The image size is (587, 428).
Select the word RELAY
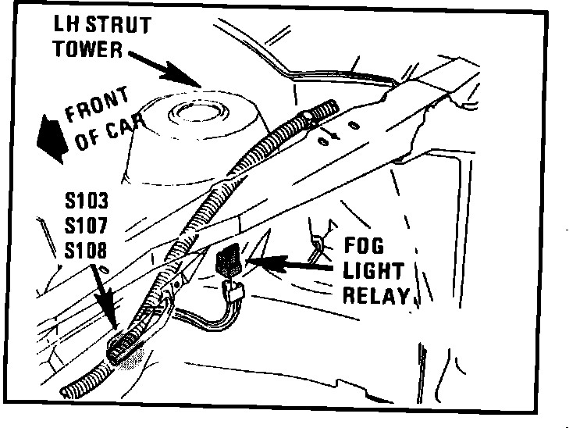tap(380, 295)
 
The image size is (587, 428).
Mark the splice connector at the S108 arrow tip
tap(126, 347)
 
